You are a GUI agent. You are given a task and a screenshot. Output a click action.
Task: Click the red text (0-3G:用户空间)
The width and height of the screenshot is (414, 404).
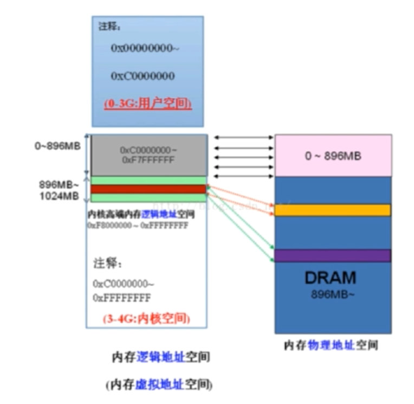(x=147, y=104)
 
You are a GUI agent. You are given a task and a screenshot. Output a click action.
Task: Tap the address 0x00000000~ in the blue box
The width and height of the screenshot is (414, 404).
(x=145, y=48)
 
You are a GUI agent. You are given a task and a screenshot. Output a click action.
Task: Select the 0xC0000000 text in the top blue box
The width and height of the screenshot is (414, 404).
(x=143, y=76)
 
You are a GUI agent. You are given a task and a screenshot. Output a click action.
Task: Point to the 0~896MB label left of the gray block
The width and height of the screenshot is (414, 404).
(x=59, y=146)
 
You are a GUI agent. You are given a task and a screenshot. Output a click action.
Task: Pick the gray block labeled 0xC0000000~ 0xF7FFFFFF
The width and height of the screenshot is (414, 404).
(x=148, y=155)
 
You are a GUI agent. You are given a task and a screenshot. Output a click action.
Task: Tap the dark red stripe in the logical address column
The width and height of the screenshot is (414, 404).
(x=148, y=189)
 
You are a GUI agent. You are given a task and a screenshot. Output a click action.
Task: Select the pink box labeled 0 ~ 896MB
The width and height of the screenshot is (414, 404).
(x=333, y=156)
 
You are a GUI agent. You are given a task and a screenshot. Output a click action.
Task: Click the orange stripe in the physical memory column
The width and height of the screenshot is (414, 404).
(x=333, y=210)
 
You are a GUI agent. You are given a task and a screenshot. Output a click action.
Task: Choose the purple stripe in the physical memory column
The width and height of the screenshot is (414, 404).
(x=333, y=255)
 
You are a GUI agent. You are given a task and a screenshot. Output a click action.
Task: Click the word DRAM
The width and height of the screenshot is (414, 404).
(x=331, y=278)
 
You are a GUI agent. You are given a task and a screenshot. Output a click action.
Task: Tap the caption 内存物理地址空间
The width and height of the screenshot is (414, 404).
(x=331, y=345)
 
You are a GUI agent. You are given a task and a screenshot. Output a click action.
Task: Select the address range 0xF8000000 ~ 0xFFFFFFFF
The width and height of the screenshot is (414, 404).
(x=138, y=225)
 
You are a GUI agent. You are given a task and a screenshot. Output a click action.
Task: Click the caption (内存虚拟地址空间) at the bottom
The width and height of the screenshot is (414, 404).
(x=159, y=385)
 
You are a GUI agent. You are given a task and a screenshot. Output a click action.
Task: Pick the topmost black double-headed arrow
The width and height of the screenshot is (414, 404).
(x=243, y=138)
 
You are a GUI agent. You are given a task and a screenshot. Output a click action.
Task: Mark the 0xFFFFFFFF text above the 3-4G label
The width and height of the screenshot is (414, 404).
(x=121, y=298)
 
